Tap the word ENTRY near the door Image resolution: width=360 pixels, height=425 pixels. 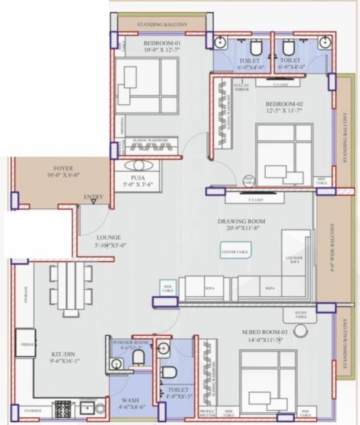tap(93, 197)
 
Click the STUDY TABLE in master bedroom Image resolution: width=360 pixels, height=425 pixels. tap(301, 314)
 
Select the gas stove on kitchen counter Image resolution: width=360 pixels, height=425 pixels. tap(62, 409)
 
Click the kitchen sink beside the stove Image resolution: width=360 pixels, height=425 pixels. tap(86, 409)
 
